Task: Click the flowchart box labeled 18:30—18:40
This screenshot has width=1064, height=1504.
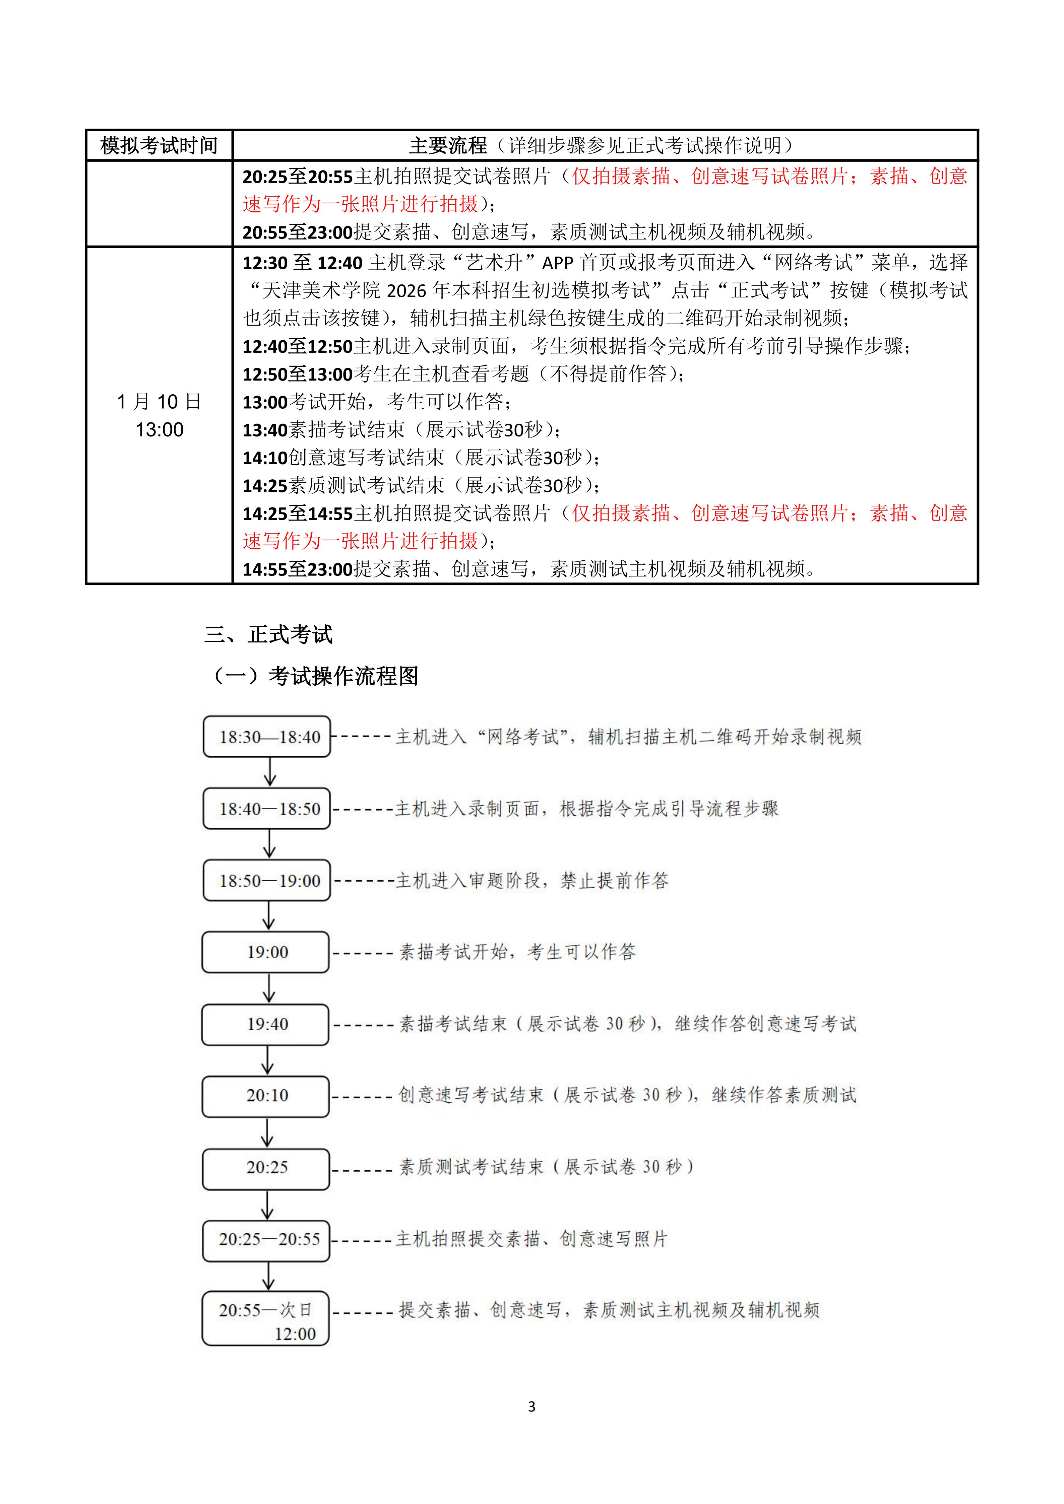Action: [x=267, y=737]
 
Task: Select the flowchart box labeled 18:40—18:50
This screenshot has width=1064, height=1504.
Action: [x=267, y=809]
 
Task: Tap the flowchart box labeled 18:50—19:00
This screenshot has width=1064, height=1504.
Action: [x=267, y=880]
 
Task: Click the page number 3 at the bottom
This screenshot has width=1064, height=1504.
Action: [x=531, y=1407]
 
